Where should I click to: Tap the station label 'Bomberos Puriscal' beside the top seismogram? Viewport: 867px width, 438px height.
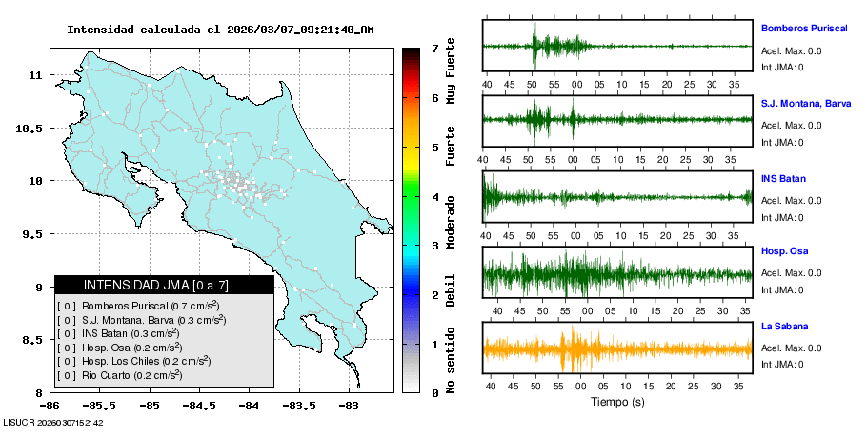click(x=804, y=29)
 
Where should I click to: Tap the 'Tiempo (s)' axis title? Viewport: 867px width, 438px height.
click(x=617, y=401)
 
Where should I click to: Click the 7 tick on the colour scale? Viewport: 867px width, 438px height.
click(x=434, y=48)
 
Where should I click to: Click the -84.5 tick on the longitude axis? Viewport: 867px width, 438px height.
click(x=198, y=404)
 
